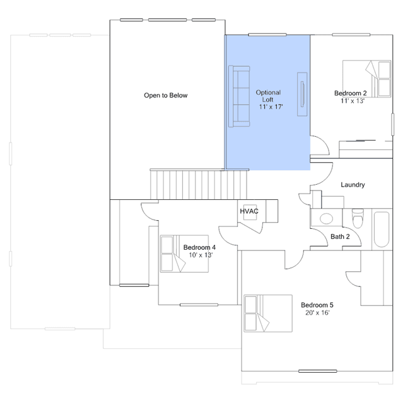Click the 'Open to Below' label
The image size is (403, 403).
pos(166,95)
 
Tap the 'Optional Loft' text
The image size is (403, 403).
pos(268,96)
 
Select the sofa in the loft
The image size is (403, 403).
pos(239,96)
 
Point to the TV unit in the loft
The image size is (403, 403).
pos(302,94)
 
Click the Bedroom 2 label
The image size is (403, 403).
pos(350,93)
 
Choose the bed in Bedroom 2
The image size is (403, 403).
pos(367,79)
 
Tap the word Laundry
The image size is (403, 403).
pos(353,185)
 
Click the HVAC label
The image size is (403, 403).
pos(249,211)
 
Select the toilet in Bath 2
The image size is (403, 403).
pos(358,218)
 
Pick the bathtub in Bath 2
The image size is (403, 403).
pos(382,230)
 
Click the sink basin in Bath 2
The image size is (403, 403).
pos(327,219)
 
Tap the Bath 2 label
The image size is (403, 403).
pos(340,237)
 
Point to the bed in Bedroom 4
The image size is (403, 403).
pos(184,254)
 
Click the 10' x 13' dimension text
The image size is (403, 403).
pos(201,255)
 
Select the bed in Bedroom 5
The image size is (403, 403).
pos(268,313)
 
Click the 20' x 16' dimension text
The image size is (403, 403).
pos(317,313)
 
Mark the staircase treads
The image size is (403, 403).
pos(199,184)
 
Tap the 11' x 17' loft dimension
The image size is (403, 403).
pos(271,107)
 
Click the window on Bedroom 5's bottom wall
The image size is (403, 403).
pos(318,371)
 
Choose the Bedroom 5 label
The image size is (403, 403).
pos(317,305)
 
